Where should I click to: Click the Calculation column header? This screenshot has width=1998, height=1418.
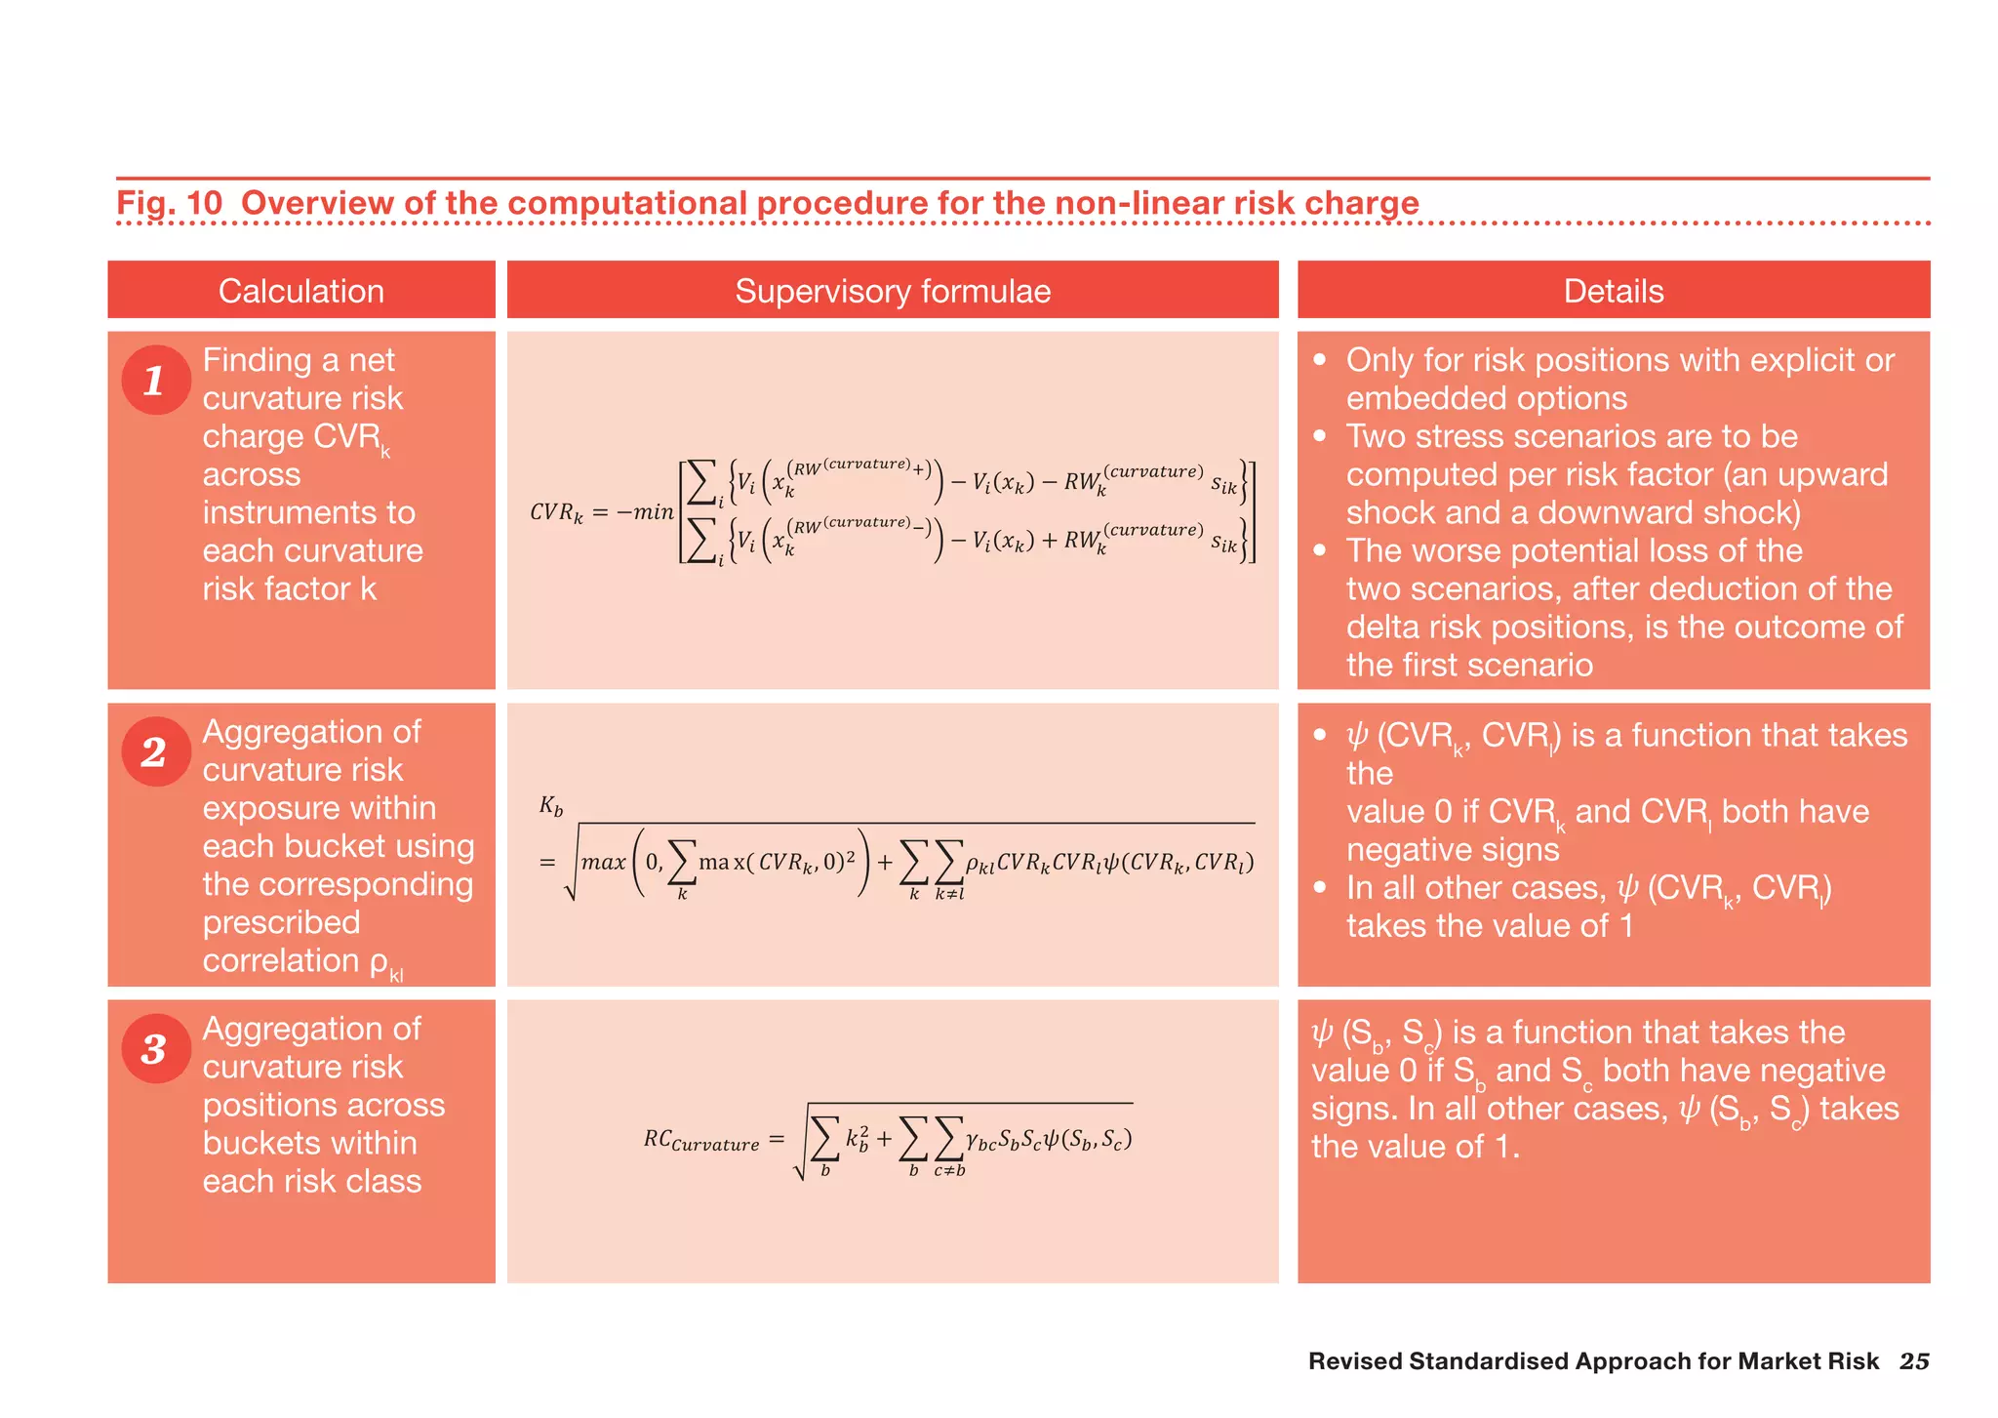pos(300,291)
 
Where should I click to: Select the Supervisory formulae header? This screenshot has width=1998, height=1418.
pos(892,291)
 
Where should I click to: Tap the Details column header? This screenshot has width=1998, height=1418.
pos(1613,291)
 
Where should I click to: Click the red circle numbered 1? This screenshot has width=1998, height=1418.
pos(155,380)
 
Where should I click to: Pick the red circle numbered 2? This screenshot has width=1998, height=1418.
pos(155,751)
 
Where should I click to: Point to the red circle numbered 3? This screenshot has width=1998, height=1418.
pos(155,1049)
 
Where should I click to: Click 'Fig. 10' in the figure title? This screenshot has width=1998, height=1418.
pos(169,203)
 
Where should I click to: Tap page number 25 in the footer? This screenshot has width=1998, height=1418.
pos(1913,1361)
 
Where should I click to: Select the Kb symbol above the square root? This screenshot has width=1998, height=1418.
pos(551,806)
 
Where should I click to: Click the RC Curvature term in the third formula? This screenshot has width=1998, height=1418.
pos(700,1140)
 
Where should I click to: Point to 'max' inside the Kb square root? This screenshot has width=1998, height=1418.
pos(603,863)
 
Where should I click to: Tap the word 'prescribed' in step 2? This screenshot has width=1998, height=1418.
pos(281,922)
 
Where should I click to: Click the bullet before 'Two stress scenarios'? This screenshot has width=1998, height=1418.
pos(1319,435)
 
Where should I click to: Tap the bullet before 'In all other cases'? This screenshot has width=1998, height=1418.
pos(1319,887)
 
